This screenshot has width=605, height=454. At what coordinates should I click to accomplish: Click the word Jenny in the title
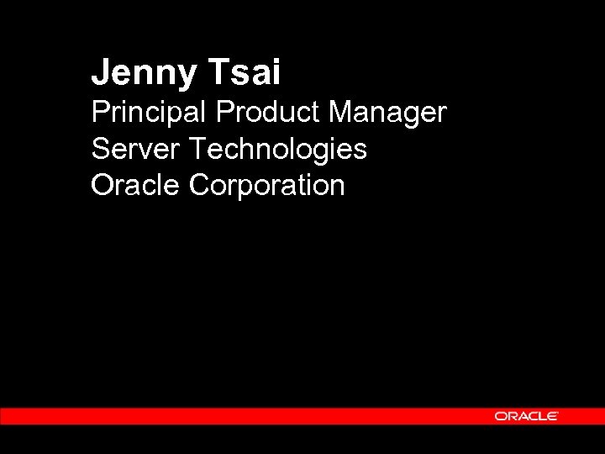coord(141,73)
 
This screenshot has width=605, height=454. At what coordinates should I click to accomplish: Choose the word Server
coord(136,149)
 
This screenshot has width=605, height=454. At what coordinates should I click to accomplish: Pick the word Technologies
coord(278,150)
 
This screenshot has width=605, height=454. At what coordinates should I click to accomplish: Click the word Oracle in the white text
coord(136,185)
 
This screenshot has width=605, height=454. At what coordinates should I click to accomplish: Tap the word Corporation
coord(267,186)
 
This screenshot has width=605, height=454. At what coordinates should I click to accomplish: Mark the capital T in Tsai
coord(213,72)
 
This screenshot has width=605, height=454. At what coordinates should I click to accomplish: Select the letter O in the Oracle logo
coord(500,416)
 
